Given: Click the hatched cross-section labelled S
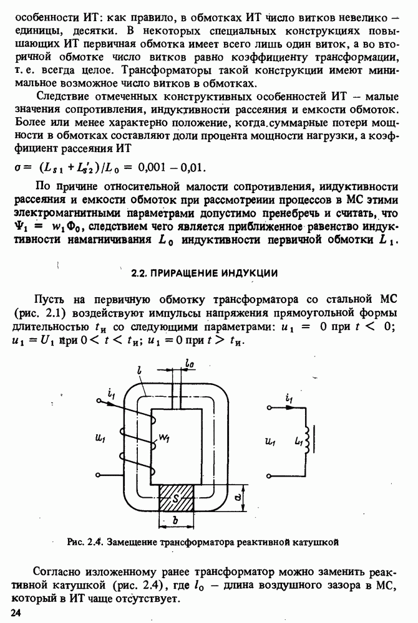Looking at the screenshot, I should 177,498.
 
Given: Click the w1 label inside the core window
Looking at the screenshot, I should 165,439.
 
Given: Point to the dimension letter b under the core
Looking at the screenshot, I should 177,519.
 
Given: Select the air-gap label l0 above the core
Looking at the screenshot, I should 189,362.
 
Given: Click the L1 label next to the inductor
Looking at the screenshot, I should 297,441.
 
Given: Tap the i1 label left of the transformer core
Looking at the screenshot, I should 111,394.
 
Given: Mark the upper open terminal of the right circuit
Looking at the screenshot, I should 269,409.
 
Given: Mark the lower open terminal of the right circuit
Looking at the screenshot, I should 269,471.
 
